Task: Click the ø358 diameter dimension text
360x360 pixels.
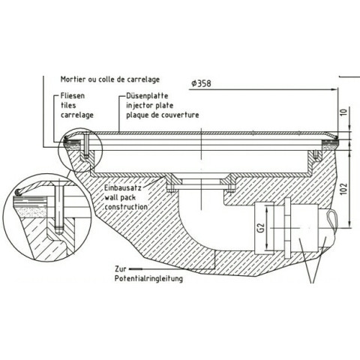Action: pos(201,83)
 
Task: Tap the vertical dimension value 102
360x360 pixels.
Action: pos(344,189)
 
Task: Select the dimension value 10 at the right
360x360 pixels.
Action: pos(344,112)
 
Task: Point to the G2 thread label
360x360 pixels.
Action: pos(261,228)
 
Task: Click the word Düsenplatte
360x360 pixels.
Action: pos(147,96)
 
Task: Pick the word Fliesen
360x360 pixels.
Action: pos(73,96)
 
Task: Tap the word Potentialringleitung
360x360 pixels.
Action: pos(148,278)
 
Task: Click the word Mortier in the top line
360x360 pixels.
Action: pos(73,79)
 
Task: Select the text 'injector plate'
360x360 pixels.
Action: pos(149,106)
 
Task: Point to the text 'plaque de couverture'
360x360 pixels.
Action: pos(163,115)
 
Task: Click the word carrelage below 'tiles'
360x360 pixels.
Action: pos(77,115)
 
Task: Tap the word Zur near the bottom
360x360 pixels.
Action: pos(121,269)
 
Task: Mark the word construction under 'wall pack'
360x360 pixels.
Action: pos(126,207)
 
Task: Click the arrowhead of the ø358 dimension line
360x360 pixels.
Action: pos(334,89)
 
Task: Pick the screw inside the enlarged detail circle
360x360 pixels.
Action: pos(58,207)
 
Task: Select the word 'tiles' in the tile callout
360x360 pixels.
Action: pos(68,105)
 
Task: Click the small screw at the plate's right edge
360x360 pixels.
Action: pos(316,154)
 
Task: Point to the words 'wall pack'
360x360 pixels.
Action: pos(120,197)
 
